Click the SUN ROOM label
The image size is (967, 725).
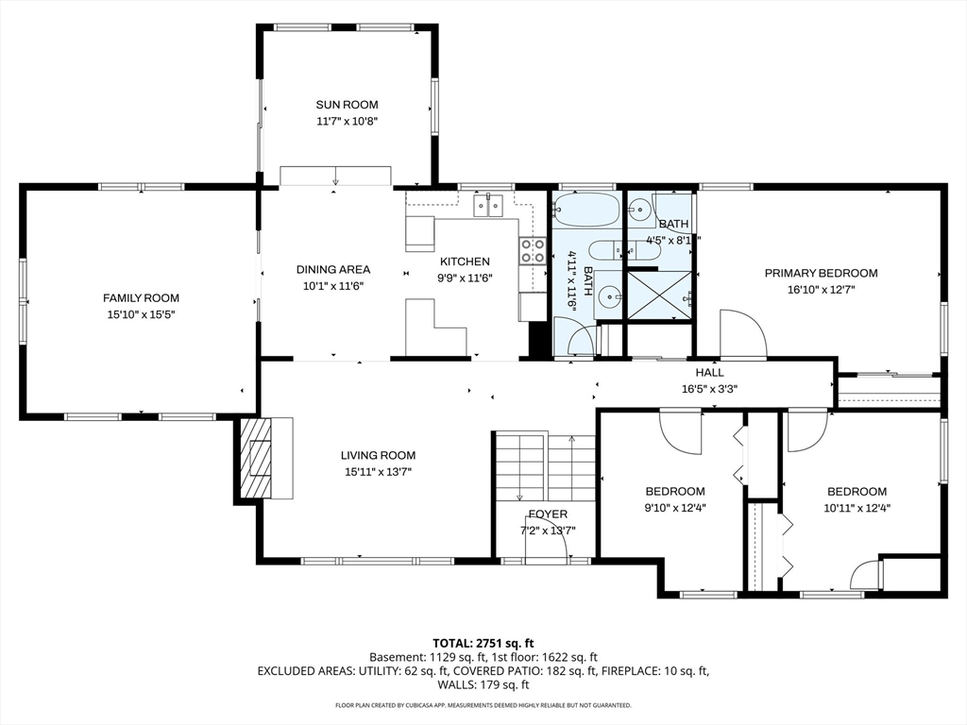[x=347, y=105]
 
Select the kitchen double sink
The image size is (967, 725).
[x=488, y=205]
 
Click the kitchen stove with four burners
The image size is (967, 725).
[x=534, y=251]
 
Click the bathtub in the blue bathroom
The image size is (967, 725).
[x=585, y=210]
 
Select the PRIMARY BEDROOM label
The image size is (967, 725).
[x=821, y=273]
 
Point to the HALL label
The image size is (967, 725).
[x=710, y=372]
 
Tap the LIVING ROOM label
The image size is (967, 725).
[x=378, y=456]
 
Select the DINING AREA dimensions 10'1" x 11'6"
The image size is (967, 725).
[x=333, y=286]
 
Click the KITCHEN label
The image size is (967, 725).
[x=465, y=261]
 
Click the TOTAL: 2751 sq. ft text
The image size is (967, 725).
[x=483, y=644]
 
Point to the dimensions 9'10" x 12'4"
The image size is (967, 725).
[x=675, y=508]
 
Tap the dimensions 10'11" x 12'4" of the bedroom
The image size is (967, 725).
[x=857, y=508]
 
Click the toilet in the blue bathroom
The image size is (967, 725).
[x=605, y=250]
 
